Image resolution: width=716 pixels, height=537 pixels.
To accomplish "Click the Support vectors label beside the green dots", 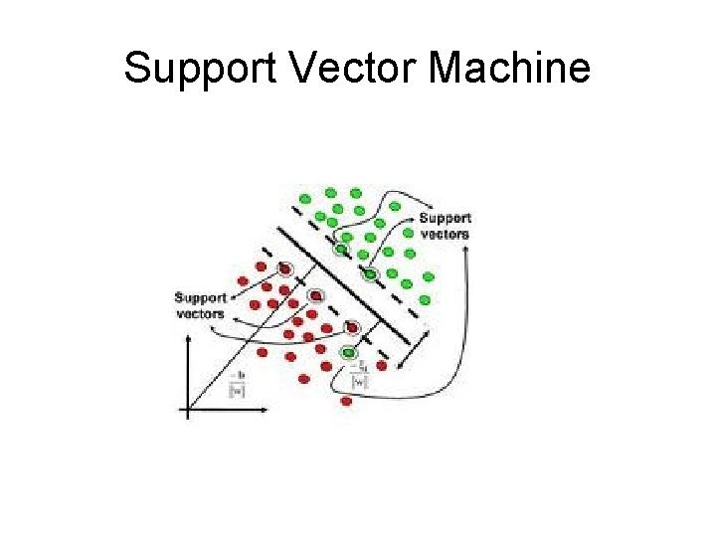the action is click(x=445, y=226).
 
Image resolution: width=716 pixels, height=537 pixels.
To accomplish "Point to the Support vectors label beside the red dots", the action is click(x=200, y=304).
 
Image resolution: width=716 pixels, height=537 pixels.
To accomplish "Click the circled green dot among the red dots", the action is click(x=348, y=352).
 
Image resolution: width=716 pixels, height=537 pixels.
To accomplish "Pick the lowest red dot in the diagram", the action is click(x=346, y=401).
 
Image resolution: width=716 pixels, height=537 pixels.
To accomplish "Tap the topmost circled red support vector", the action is click(x=285, y=268).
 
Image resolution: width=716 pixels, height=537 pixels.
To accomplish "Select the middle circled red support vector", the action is click(x=315, y=295).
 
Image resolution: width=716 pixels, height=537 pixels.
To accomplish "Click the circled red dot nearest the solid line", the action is click(x=350, y=325).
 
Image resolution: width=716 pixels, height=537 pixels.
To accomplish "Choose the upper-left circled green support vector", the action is click(x=340, y=249).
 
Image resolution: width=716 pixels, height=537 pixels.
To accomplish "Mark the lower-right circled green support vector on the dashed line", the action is click(x=370, y=273).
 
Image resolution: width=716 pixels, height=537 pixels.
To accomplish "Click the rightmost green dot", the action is click(x=429, y=276).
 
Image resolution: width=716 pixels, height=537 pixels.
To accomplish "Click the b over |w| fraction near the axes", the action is click(x=237, y=384).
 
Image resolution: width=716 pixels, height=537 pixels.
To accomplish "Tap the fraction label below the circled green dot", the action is click(x=360, y=376).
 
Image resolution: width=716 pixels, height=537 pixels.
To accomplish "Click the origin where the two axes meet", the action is click(x=189, y=408).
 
